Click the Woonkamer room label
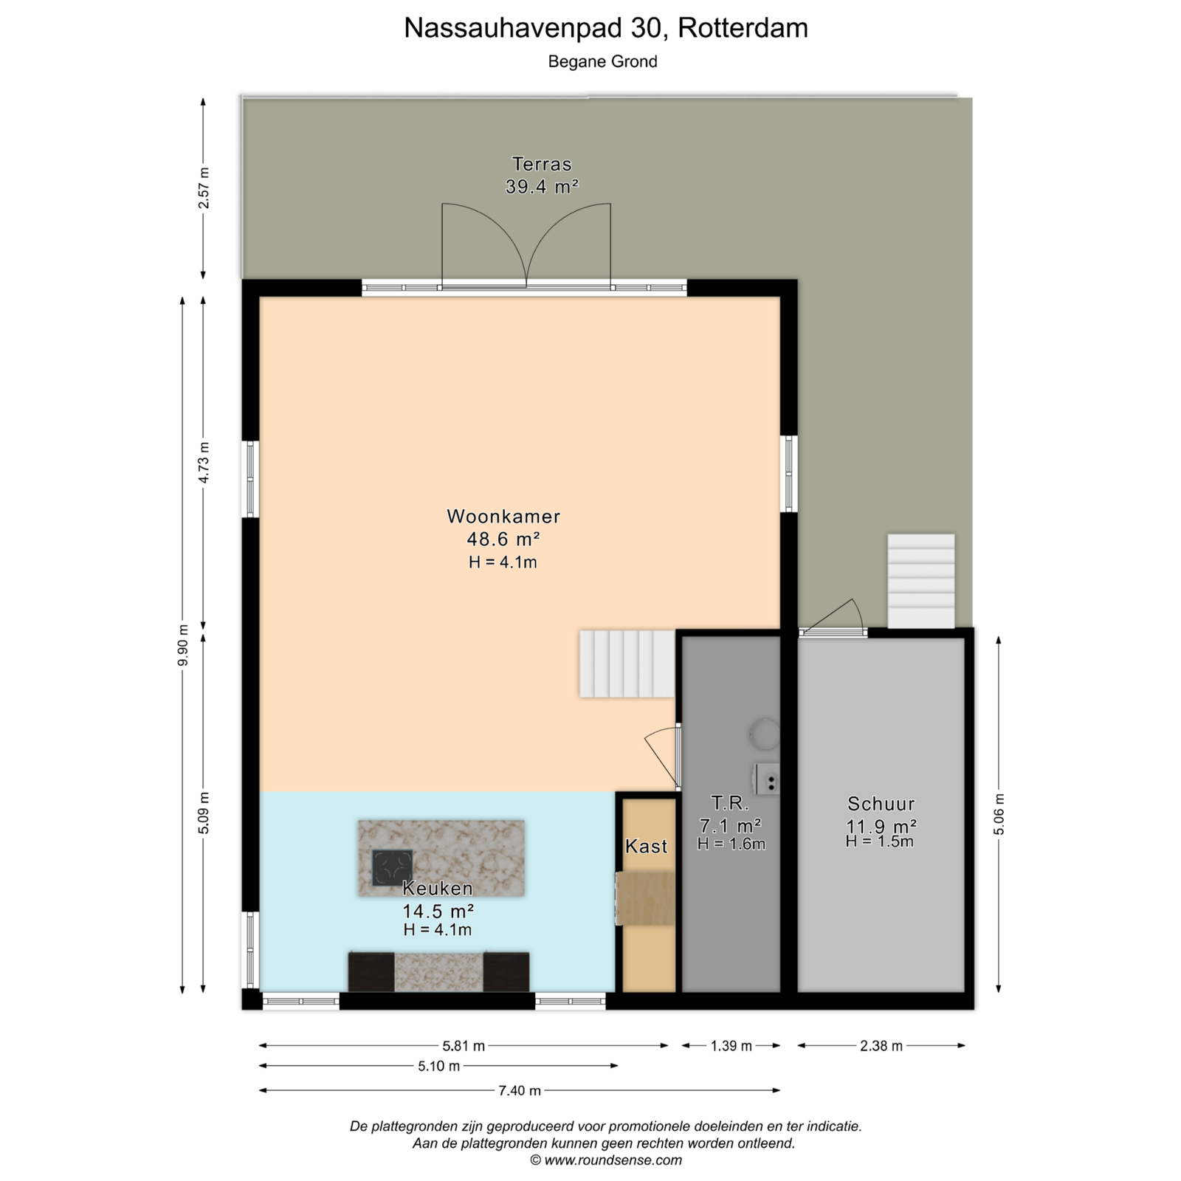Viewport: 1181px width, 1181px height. coord(503,516)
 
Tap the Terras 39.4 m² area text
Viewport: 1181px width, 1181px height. coord(542,187)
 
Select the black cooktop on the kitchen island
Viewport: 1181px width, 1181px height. coord(392,868)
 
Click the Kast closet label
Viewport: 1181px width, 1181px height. coord(647,847)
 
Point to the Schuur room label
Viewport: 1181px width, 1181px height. coord(881,804)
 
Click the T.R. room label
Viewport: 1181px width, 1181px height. coord(730,802)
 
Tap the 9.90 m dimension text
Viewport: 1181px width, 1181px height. coord(183,645)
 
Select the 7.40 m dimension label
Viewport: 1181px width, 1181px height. coord(520,1090)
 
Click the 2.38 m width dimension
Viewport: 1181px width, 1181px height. coord(881,1045)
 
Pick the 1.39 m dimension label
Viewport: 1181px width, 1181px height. coord(731,1045)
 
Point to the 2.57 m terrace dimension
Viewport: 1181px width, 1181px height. coord(204,187)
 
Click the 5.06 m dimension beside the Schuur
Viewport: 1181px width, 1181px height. coord(999,814)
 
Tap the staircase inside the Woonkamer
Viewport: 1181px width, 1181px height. coord(627,664)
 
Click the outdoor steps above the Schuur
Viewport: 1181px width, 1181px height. coord(921,581)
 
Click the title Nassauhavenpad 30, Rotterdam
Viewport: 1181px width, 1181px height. coord(606,28)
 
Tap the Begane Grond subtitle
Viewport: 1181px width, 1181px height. coord(602,62)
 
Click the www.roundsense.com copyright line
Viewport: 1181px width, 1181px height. coord(606,1160)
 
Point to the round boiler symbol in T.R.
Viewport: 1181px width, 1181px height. coord(764,733)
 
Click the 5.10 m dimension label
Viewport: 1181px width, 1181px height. coord(438,1066)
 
